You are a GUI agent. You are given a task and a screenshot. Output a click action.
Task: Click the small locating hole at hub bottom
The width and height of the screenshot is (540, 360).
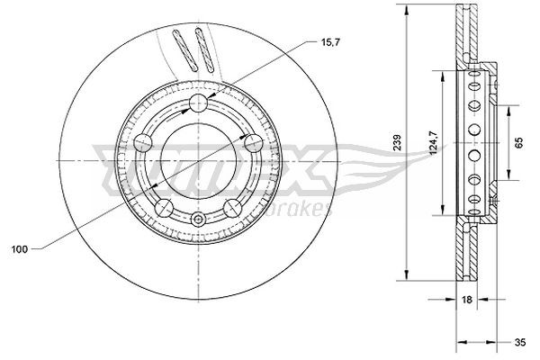pos(198,220)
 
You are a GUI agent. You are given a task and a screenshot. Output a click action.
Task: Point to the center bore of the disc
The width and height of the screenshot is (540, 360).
pos(198,153)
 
